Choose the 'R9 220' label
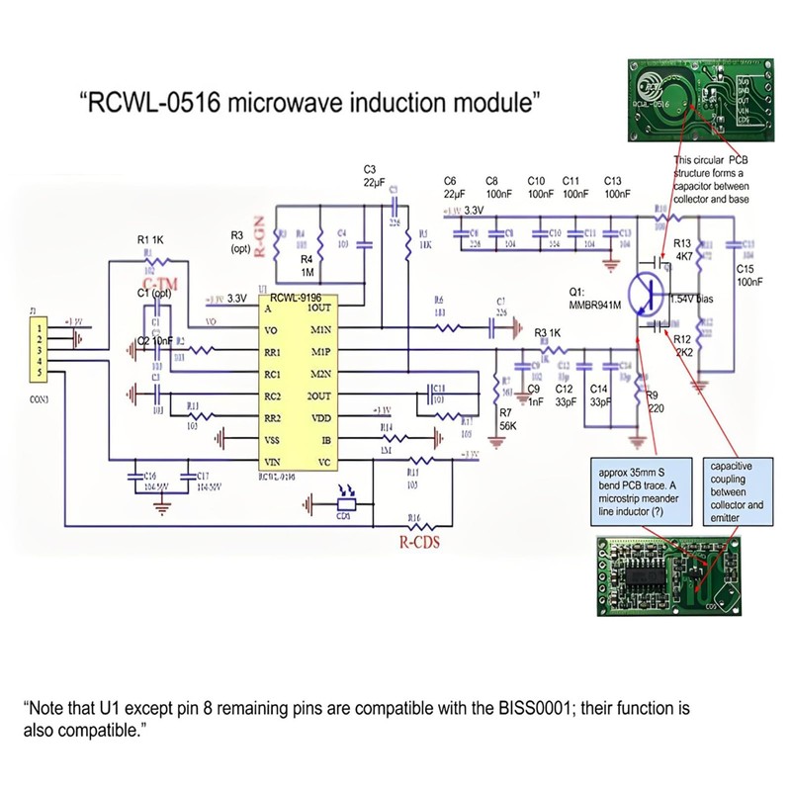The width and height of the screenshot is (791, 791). point(654,402)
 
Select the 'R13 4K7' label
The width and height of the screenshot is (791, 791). point(682,249)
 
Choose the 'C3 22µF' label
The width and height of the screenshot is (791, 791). point(373,176)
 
